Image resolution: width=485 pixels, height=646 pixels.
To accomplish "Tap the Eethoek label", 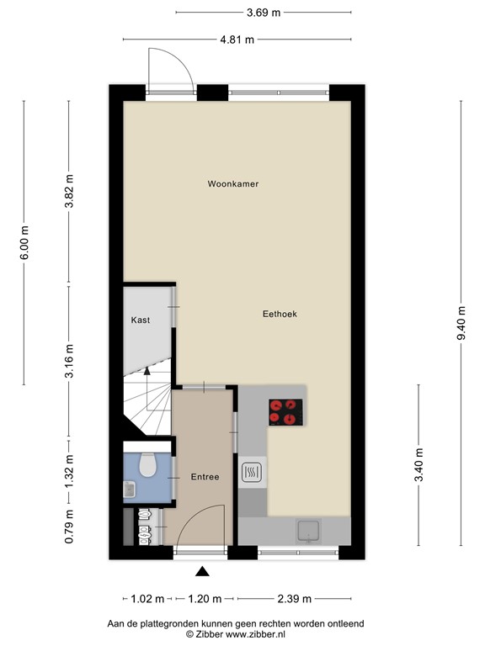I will pos(280,314).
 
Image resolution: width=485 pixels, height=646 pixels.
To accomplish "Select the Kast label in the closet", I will pos(141,320).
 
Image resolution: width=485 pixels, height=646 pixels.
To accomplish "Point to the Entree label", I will pos(205,477).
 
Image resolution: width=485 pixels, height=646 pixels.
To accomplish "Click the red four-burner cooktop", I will pos(286,411).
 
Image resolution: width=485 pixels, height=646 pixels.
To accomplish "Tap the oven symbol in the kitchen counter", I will pos(252,473).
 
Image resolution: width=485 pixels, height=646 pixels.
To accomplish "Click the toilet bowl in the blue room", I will pos(149,464).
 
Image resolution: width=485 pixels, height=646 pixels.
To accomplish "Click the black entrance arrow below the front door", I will pos(202,572).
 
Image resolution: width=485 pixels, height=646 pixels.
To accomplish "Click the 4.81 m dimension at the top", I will pos(237,39).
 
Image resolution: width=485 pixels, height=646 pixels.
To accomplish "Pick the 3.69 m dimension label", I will pos(264,12).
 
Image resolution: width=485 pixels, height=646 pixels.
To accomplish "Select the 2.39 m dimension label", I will pos(293,599).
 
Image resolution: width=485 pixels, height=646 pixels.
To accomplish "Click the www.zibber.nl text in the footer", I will pos(257,633).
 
